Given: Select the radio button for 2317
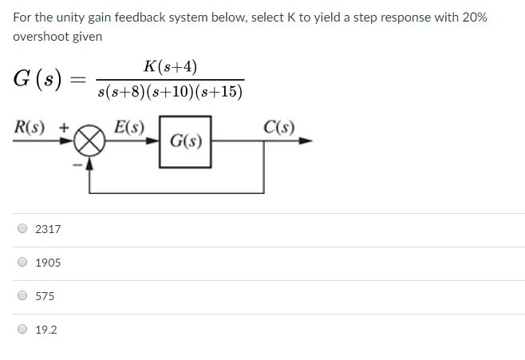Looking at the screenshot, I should click(22, 229).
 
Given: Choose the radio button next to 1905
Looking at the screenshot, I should click(22, 263).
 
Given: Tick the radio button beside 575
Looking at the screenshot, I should click(22, 296).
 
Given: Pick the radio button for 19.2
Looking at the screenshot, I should click(22, 330).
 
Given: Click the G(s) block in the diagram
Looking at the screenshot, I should click(185, 141).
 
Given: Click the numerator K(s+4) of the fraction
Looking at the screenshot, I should click(171, 67).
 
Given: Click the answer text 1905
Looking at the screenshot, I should click(48, 263).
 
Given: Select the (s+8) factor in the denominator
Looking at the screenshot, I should click(128, 93).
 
